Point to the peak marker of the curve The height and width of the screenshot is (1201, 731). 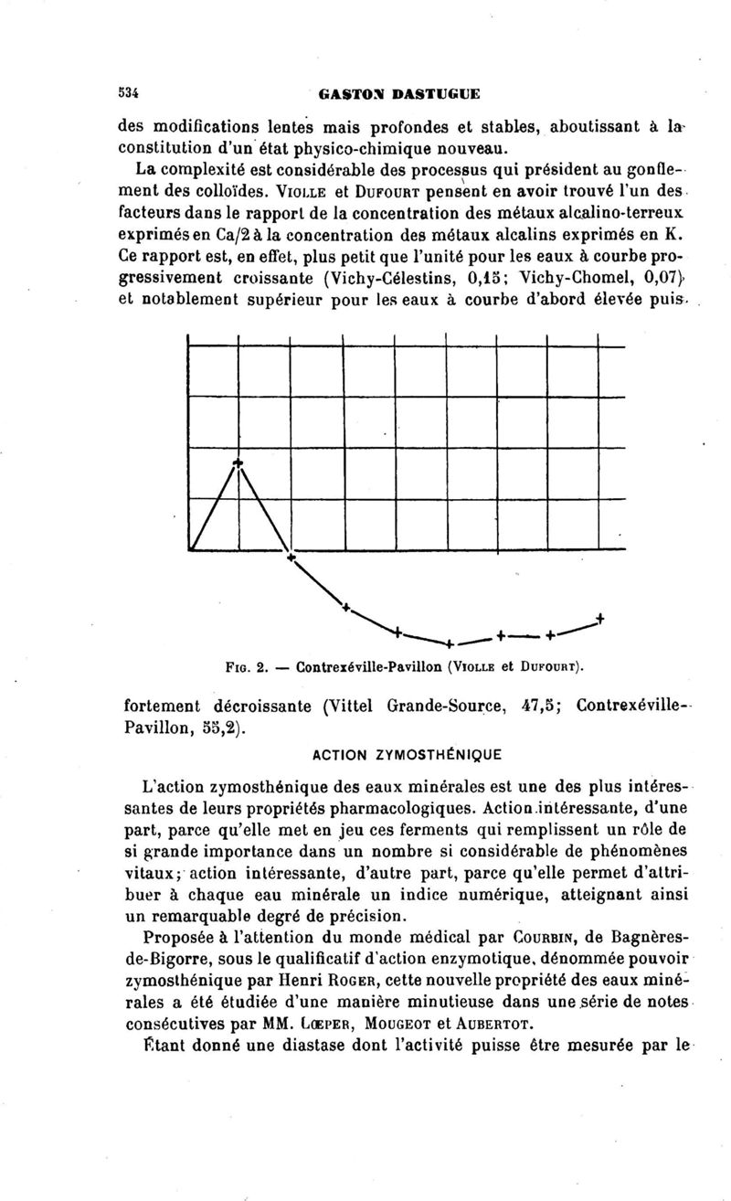point(238,462)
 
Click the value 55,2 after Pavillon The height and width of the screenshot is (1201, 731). point(223,729)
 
